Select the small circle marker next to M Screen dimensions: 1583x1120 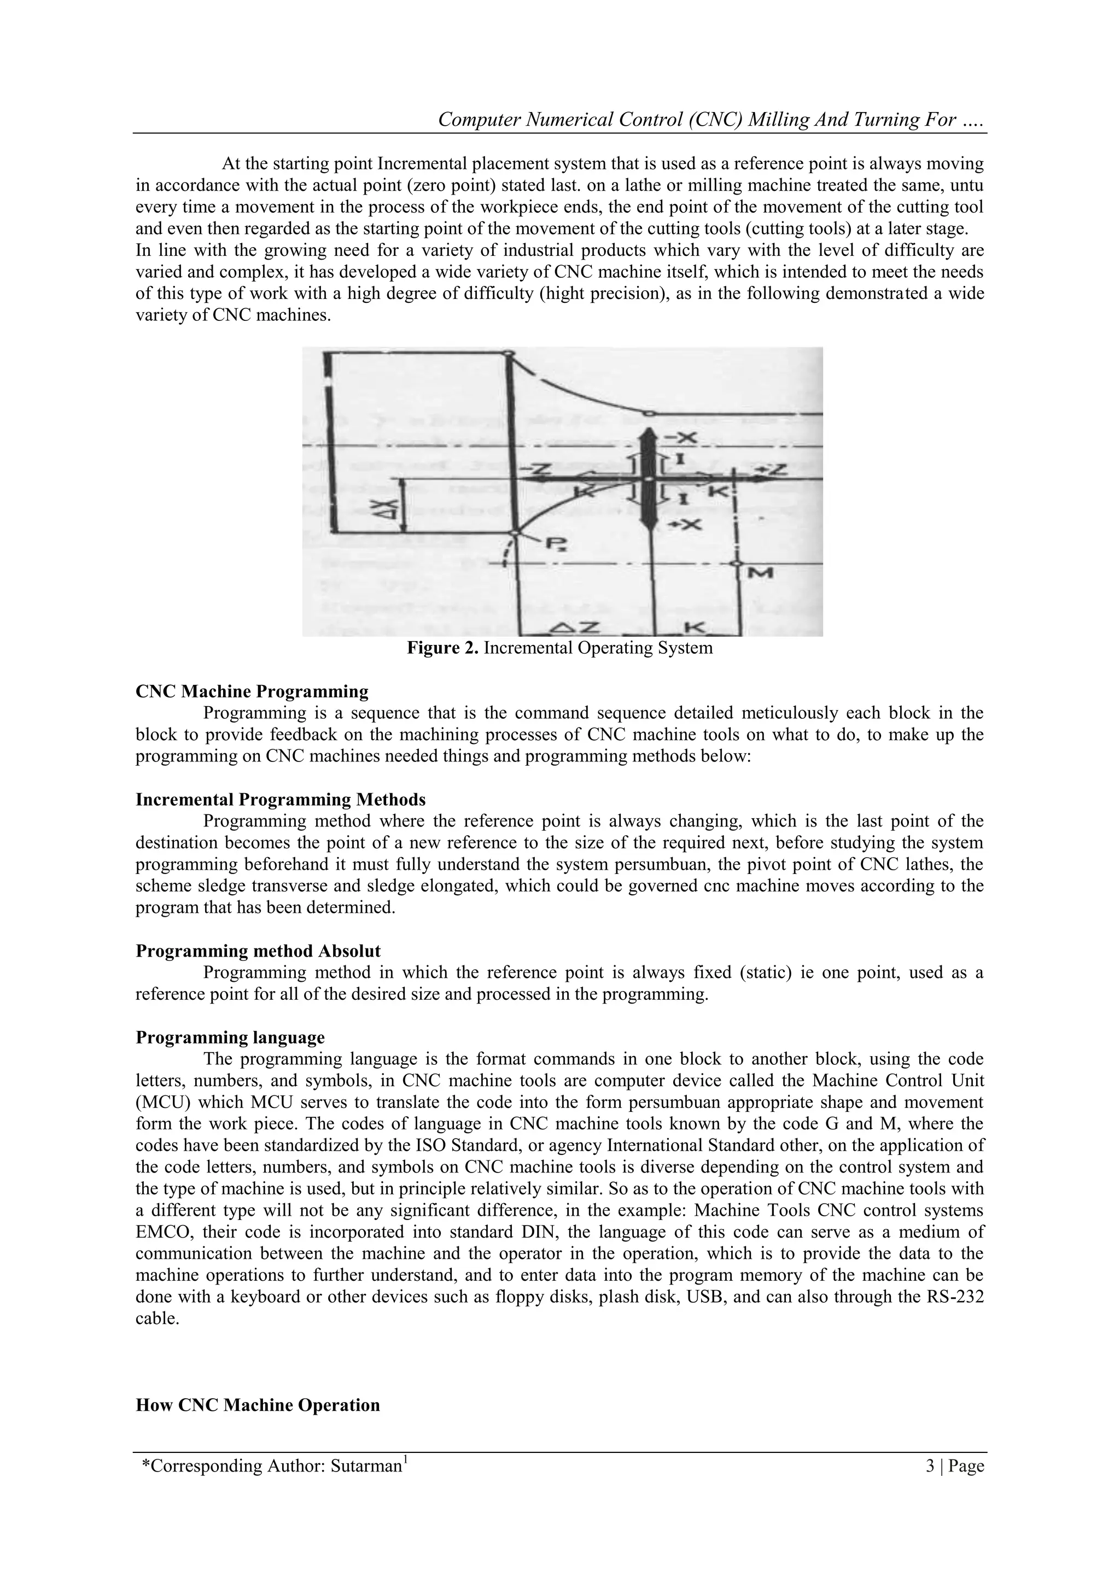737,564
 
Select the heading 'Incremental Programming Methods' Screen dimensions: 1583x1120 280,799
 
